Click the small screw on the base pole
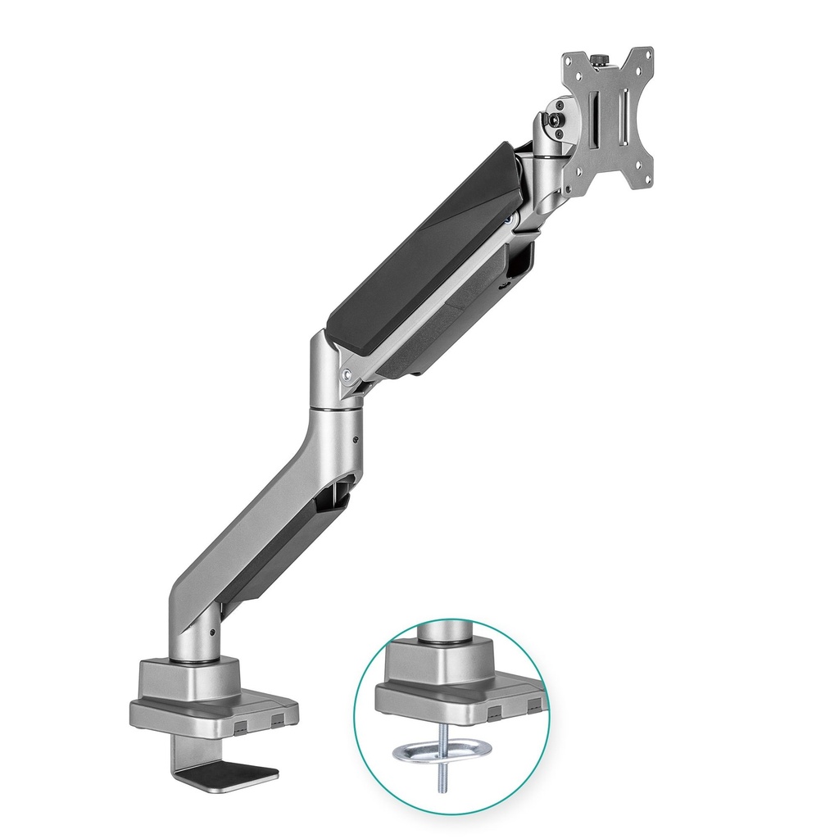(x=211, y=633)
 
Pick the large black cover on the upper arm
(x=422, y=238)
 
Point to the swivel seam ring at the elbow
(x=336, y=402)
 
